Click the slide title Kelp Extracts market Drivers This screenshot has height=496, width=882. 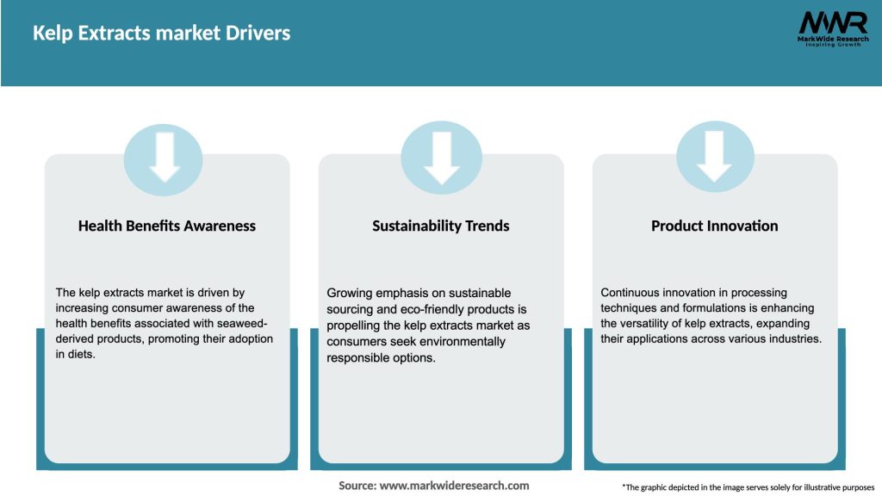point(161,34)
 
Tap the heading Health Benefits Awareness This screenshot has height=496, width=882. point(167,226)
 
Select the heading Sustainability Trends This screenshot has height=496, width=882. point(441,226)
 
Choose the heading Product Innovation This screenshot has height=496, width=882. point(714,226)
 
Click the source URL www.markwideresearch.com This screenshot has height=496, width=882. point(454,486)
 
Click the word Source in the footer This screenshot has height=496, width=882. point(357,486)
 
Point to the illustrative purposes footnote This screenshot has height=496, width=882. point(748,487)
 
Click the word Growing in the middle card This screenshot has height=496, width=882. point(350,293)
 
